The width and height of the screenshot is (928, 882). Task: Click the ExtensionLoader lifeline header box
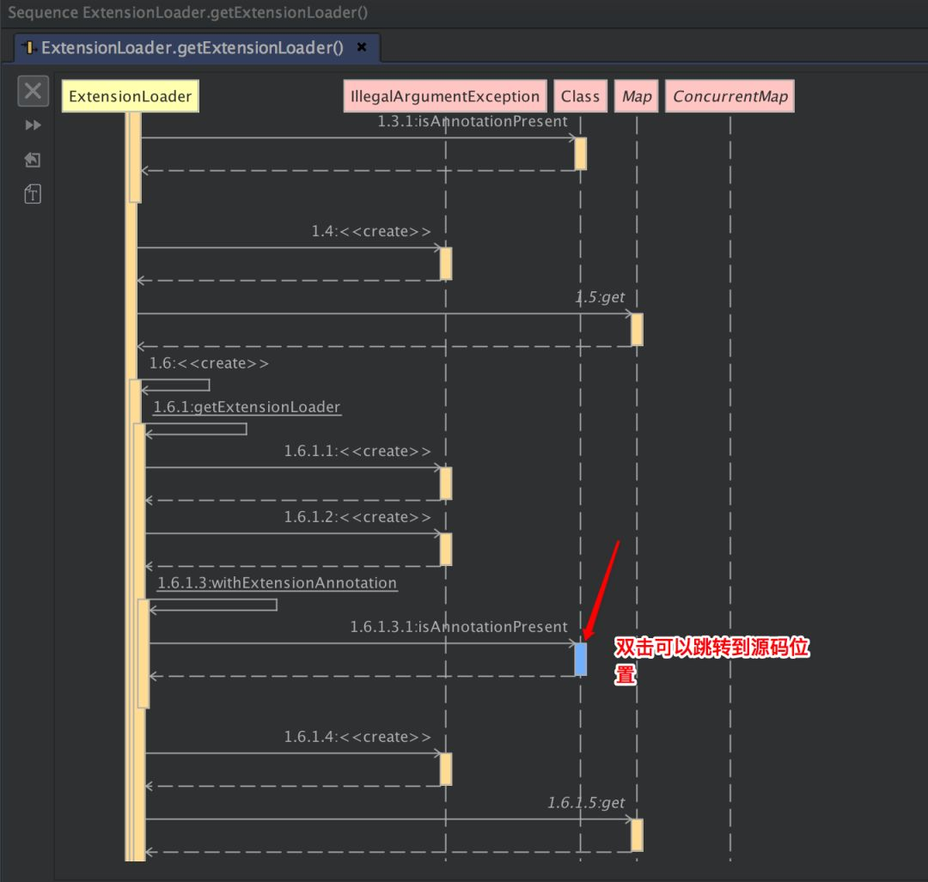tap(130, 96)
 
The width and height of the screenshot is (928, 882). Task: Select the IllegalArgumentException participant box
tap(445, 96)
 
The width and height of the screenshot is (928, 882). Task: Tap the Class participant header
tap(580, 96)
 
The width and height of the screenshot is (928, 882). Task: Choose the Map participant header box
tap(637, 96)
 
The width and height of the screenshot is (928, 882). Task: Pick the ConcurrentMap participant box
tap(730, 96)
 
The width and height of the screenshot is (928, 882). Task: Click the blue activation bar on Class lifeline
tap(581, 659)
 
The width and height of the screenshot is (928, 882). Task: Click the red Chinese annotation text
tap(711, 660)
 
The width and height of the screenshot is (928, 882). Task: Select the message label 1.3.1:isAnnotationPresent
tap(472, 122)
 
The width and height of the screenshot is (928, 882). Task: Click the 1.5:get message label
tap(600, 297)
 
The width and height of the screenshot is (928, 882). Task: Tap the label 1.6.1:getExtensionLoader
tap(247, 407)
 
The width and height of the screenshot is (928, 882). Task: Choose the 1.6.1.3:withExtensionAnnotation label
tap(277, 583)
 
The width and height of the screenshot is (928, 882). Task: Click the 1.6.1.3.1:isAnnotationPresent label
tap(458, 627)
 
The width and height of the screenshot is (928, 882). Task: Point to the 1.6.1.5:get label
tap(586, 803)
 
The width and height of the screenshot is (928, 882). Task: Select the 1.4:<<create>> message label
tap(371, 232)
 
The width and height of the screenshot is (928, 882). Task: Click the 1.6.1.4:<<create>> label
tap(357, 737)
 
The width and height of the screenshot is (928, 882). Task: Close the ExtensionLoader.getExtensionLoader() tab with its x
tap(362, 47)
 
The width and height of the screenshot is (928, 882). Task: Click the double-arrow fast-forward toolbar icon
tap(33, 125)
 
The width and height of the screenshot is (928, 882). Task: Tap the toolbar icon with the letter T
tap(33, 194)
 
